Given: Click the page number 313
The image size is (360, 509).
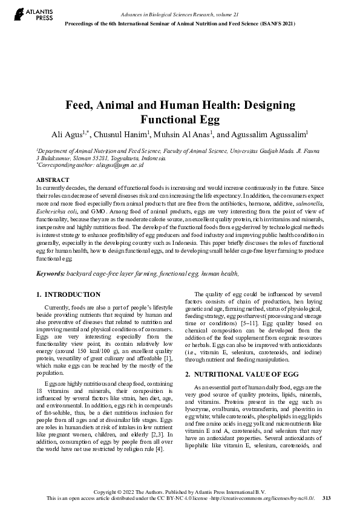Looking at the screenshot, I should coord(326,498).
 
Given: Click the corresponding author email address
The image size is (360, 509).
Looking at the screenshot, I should coord(115,164).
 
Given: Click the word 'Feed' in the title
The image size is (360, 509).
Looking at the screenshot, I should coord(80,104).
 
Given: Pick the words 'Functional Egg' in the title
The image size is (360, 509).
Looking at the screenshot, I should coord(180,119).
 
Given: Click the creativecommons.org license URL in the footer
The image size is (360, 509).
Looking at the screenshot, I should coord(269,498).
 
